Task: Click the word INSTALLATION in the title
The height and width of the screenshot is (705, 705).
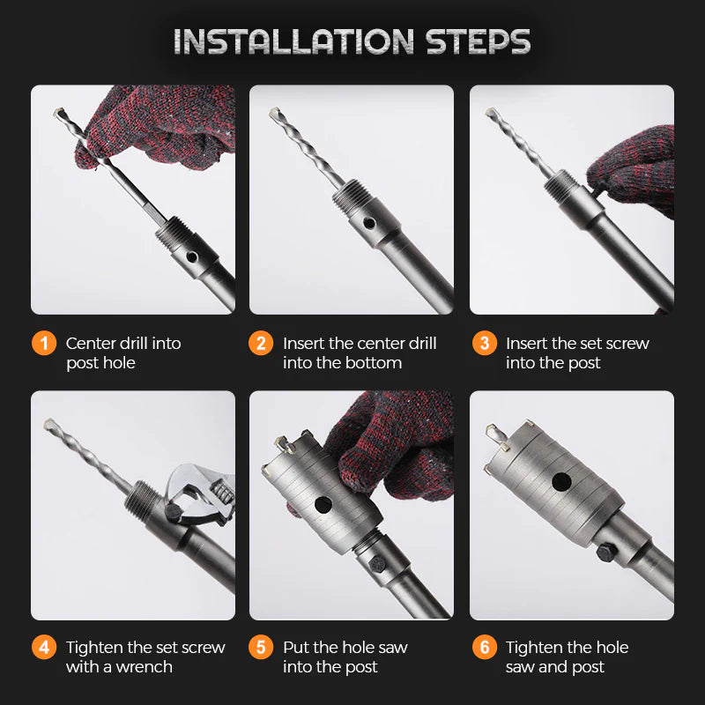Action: [293, 41]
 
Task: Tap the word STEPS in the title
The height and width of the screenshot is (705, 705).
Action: [479, 41]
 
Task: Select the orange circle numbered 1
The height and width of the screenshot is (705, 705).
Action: [44, 343]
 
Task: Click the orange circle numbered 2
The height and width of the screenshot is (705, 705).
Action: [261, 343]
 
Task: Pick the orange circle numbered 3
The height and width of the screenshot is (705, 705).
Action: [484, 343]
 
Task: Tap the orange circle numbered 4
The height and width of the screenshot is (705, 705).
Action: [44, 647]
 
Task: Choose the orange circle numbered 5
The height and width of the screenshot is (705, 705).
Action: [261, 647]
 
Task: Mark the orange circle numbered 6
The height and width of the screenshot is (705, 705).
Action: [484, 647]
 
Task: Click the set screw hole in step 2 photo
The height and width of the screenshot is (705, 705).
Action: [368, 223]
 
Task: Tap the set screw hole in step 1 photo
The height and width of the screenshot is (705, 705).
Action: [192, 257]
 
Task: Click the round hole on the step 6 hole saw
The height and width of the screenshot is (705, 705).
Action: [561, 482]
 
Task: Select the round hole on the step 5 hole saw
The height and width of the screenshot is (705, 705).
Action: [323, 504]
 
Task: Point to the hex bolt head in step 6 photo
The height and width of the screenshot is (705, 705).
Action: [605, 552]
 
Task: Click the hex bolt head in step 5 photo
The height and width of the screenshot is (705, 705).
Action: [377, 563]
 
